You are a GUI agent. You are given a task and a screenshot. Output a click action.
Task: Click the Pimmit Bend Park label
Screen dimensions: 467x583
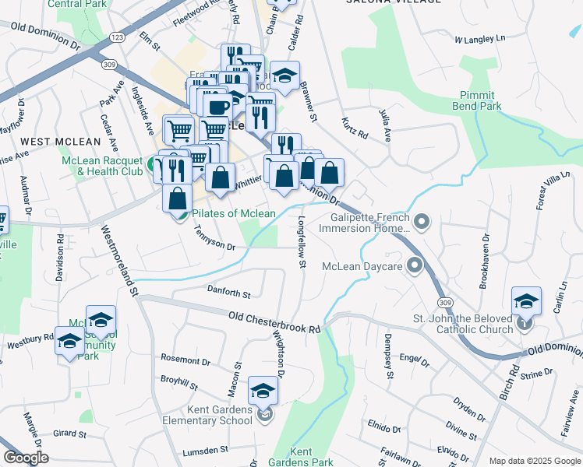pos(476,100)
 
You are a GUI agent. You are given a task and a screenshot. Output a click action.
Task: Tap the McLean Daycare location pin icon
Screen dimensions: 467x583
pos(415,266)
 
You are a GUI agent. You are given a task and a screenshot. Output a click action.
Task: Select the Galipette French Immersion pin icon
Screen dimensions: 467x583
pos(422,223)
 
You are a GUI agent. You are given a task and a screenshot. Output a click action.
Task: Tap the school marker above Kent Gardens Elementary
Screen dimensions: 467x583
pos(263,391)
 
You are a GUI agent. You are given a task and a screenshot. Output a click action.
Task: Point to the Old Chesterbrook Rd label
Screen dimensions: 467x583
pos(274,322)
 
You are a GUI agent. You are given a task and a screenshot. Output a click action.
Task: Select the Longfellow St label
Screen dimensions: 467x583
pos(301,244)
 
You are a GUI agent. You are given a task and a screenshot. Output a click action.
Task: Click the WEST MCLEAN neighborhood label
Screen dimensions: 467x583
pos(61,142)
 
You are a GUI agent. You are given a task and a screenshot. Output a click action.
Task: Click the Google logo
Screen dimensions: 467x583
pos(25,458)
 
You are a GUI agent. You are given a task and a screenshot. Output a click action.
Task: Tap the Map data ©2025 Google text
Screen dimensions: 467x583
pos(534,460)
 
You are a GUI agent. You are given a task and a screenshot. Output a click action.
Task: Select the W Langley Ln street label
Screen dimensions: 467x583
pos(479,37)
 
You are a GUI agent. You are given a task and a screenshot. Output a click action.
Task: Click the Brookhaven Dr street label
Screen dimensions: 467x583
pos(484,260)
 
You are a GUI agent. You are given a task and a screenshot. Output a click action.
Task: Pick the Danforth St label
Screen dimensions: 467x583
pos(228,294)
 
